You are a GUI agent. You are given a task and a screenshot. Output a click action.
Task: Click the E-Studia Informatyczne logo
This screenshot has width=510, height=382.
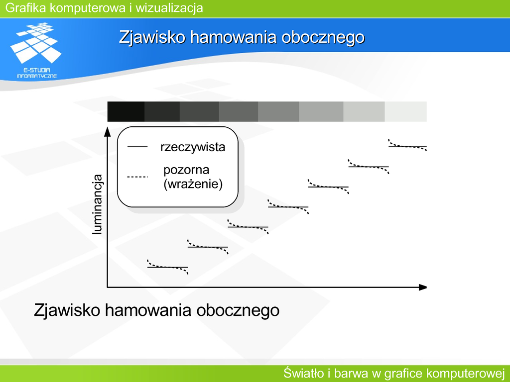click(36, 50)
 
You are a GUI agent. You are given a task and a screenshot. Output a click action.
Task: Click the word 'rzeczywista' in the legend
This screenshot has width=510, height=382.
click(193, 147)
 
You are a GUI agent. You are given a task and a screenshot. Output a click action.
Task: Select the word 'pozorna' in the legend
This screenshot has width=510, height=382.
click(186, 170)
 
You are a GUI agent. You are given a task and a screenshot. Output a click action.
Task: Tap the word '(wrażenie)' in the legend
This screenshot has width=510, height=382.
click(193, 184)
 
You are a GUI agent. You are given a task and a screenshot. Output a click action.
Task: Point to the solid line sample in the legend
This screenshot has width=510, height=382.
click(137, 147)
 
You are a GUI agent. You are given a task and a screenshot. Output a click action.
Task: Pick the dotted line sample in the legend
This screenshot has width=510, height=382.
click(137, 177)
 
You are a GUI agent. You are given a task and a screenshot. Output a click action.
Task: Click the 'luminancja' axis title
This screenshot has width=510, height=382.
click(97, 204)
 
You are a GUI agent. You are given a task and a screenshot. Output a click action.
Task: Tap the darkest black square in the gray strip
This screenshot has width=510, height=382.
click(126, 111)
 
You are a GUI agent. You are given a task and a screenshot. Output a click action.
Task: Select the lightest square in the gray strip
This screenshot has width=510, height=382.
click(405, 111)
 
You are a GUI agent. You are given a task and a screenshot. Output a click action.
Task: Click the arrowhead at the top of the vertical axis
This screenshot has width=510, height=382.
click(108, 131)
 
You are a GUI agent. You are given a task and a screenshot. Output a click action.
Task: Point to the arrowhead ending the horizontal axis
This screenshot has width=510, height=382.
click(422, 287)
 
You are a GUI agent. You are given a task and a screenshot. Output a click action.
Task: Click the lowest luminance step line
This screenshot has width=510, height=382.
click(167, 267)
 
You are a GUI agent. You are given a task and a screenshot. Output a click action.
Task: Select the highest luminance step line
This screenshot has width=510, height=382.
click(407, 147)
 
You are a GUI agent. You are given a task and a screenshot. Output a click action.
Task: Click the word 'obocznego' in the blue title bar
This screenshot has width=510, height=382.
click(323, 37)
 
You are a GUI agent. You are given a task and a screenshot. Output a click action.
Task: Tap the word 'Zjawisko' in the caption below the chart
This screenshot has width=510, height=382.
click(67, 310)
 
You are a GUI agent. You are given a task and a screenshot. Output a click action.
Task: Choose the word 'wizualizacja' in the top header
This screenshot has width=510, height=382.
click(169, 8)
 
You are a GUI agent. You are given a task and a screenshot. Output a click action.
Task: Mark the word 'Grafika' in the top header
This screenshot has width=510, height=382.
click(26, 8)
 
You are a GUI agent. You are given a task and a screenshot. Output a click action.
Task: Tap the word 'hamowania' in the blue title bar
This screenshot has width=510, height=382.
click(233, 37)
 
